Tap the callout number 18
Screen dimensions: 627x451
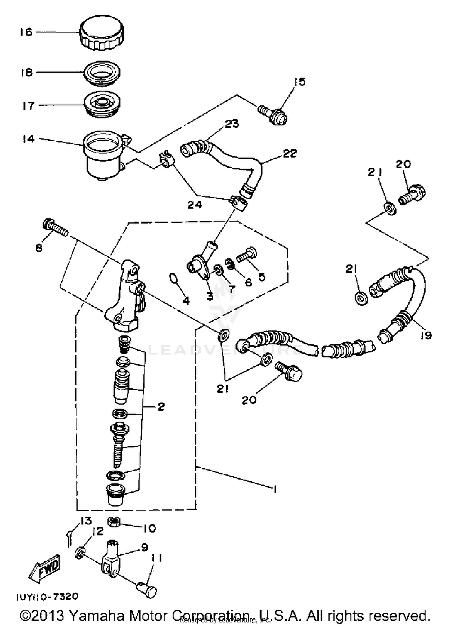pos(26,73)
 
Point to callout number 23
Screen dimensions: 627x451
pos(232,124)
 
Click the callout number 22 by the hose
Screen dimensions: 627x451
pos(290,153)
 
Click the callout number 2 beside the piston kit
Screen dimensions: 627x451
pos(161,407)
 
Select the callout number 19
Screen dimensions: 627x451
pos(426,335)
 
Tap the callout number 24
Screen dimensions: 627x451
pos(195,205)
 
